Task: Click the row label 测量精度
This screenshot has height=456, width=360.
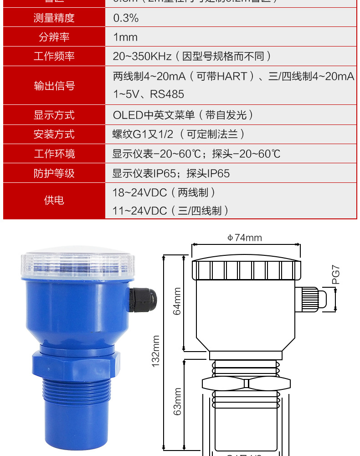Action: [x=54, y=18]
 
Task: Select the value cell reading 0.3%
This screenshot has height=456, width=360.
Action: [x=126, y=18]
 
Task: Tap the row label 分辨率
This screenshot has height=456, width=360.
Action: [x=54, y=37]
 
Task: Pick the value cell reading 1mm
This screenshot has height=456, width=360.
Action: [x=125, y=37]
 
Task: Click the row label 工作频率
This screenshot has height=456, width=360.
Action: [x=54, y=57]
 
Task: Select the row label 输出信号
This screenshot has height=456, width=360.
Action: [x=54, y=86]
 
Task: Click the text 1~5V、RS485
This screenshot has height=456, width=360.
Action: [x=149, y=94]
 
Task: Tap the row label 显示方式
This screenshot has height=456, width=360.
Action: [x=54, y=115]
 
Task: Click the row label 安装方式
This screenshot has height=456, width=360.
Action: [x=54, y=135]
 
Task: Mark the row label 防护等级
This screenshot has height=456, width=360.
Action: [x=54, y=174]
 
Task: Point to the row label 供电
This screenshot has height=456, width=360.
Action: [x=54, y=200]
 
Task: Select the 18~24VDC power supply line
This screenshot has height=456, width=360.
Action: [x=164, y=192]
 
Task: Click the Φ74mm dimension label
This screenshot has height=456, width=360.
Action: [x=245, y=238]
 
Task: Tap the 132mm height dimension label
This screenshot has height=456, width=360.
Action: [x=156, y=351]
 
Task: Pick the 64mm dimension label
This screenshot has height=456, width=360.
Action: [x=177, y=301]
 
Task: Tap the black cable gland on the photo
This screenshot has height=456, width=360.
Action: [x=143, y=299]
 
